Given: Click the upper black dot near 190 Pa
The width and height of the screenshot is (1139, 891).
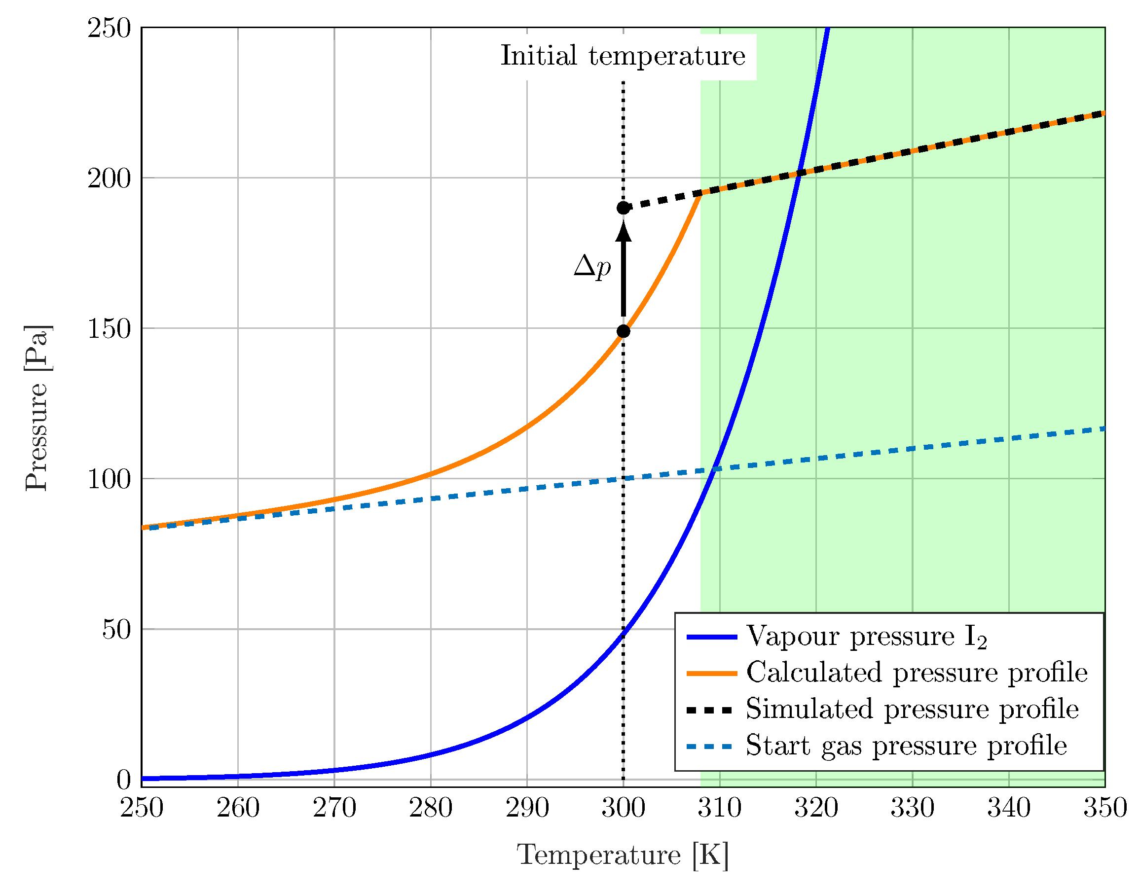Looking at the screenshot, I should [623, 208].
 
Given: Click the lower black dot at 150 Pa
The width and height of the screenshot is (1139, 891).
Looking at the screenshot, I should [623, 331].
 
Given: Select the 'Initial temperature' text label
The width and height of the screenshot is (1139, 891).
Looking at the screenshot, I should [623, 56].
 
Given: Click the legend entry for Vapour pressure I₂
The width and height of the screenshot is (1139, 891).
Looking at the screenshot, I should [866, 637].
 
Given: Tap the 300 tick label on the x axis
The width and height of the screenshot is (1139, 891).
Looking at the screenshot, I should [623, 808].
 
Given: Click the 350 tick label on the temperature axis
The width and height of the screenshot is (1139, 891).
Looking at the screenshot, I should [1104, 808].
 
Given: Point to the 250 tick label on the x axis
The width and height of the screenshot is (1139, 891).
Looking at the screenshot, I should [142, 808].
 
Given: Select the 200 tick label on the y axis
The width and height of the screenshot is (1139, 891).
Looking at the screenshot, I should [109, 178].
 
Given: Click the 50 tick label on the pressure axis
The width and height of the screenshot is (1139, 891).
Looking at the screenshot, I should [116, 630].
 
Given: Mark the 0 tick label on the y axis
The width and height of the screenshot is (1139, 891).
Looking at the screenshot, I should [123, 780].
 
